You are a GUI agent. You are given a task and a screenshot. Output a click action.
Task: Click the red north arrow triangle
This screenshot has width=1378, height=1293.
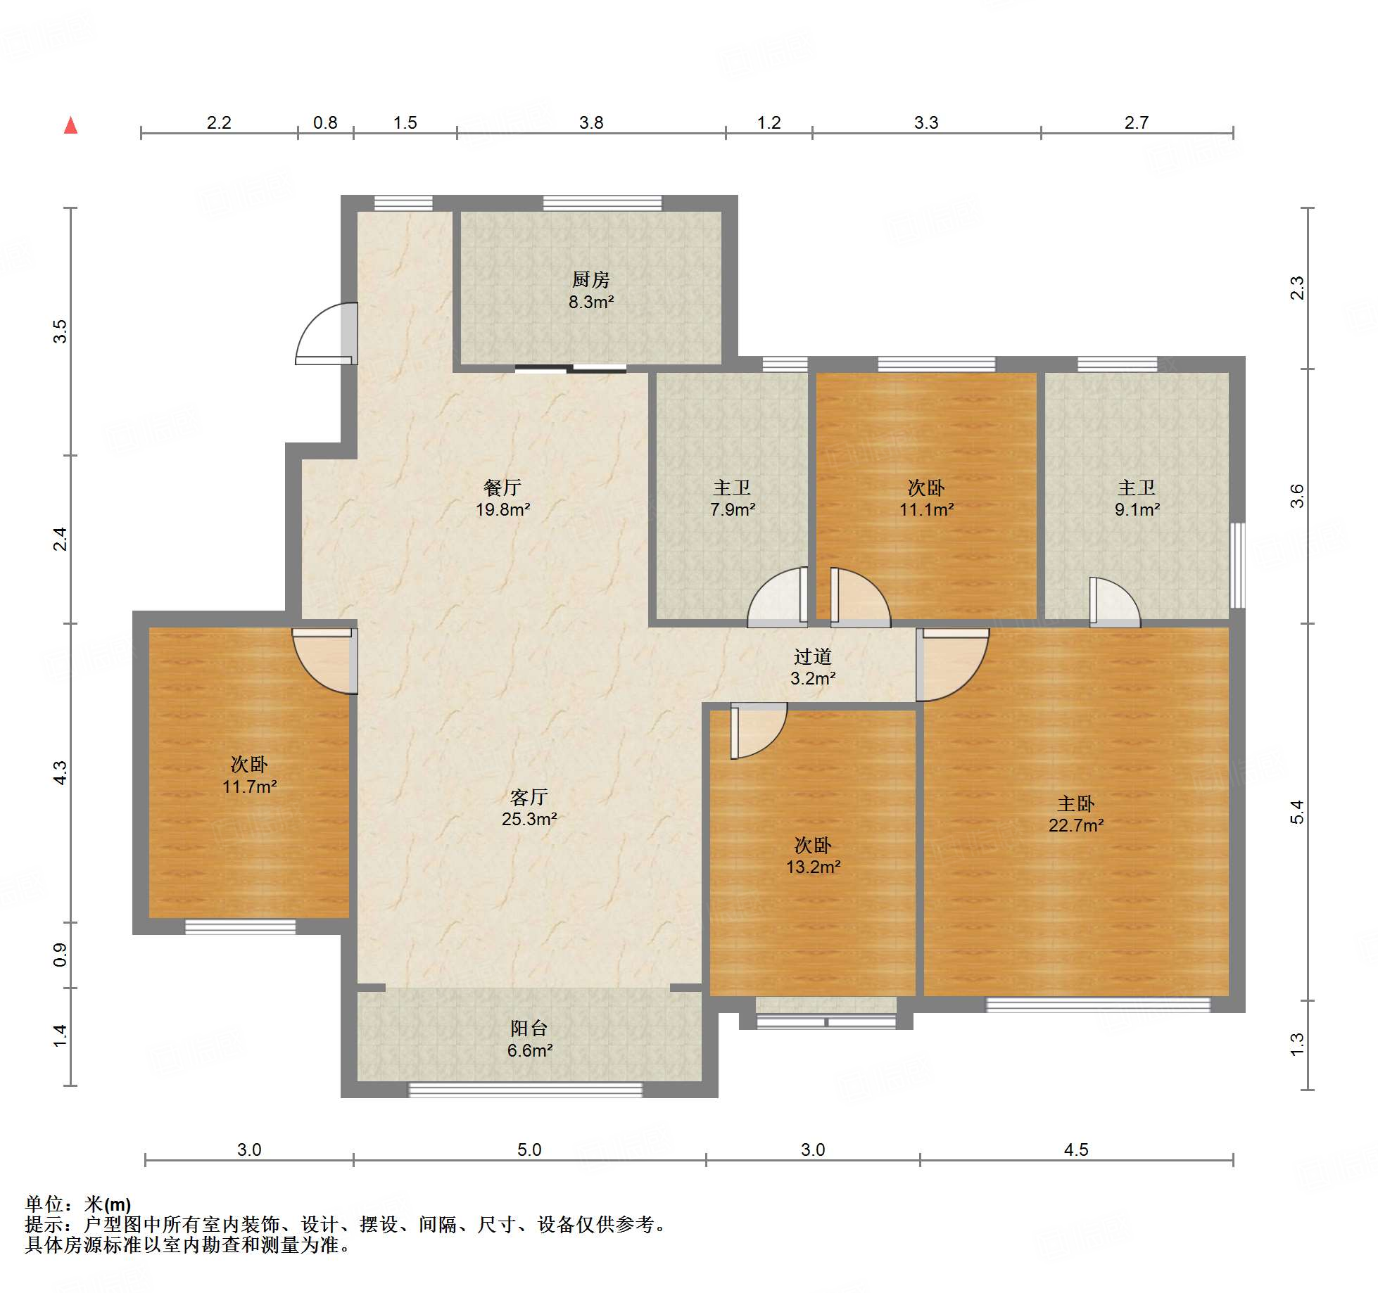click(70, 126)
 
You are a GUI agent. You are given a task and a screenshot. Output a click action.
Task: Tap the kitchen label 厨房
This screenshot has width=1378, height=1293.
click(590, 280)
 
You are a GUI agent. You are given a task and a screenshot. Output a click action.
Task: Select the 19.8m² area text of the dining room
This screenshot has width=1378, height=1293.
click(502, 510)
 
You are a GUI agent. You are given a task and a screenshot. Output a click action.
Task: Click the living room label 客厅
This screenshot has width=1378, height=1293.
click(529, 797)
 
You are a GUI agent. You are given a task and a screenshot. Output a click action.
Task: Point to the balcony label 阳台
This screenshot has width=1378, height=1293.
click(529, 1028)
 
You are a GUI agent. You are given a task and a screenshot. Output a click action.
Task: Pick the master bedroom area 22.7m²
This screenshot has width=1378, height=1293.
click(1075, 826)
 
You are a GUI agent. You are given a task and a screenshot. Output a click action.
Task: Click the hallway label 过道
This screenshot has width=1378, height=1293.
click(812, 657)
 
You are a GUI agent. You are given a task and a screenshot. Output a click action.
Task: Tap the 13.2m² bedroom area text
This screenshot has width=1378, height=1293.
click(813, 867)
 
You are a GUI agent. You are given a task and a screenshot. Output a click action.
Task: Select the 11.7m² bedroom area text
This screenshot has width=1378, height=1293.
click(249, 787)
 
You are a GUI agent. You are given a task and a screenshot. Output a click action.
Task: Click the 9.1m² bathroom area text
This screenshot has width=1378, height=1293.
click(1137, 510)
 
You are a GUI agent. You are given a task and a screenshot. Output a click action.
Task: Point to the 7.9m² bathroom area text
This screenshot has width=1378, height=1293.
click(732, 510)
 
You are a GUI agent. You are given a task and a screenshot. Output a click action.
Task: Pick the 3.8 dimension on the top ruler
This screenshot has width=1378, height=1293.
click(591, 123)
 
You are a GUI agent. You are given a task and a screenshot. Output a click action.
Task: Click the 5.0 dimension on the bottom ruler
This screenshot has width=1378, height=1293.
click(529, 1150)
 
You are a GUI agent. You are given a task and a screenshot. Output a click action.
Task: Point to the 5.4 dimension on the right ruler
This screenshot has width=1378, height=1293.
click(1296, 812)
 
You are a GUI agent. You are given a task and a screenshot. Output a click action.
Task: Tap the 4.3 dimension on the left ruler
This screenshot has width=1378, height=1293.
click(61, 772)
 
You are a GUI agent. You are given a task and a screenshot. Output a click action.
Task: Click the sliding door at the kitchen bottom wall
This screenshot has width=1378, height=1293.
click(571, 368)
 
